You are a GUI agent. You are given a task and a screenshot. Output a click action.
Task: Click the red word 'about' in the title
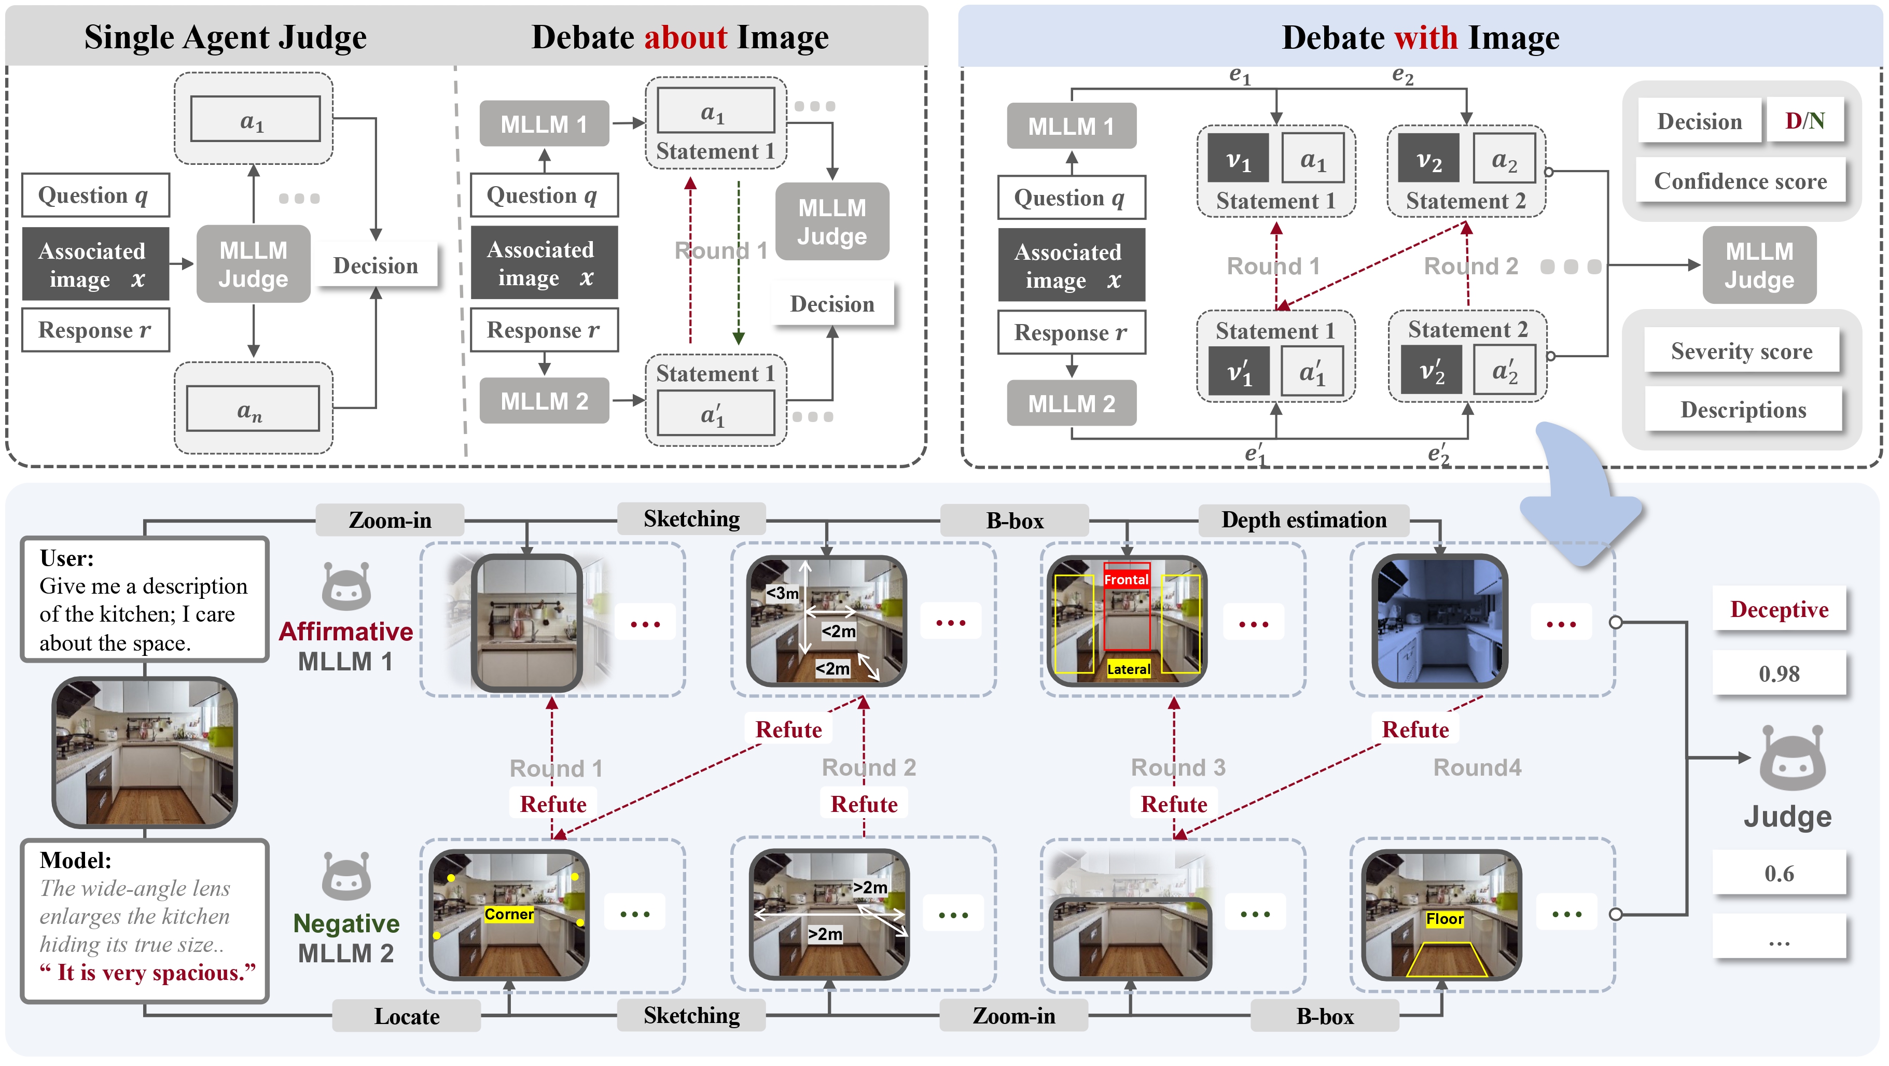coord(685,37)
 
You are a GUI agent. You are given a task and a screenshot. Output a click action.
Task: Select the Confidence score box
coord(1740,180)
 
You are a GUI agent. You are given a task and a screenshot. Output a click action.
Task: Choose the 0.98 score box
coord(1779,673)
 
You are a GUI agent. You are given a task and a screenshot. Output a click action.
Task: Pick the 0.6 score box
coord(1779,873)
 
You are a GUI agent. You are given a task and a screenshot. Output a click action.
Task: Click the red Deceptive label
coord(1779,609)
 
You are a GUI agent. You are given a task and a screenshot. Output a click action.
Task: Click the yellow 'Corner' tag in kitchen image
coord(508,914)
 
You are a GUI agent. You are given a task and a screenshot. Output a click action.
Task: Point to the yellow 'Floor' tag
coord(1444,919)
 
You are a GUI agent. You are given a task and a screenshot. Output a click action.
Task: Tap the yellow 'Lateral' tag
coord(1128,669)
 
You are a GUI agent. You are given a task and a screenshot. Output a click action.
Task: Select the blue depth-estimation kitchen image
coord(1439,621)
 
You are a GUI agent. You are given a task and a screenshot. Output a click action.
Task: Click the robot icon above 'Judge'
coord(1791,759)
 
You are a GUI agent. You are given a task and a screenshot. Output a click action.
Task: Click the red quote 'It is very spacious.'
coord(147,972)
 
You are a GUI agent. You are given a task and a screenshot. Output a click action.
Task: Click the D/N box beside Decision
coord(1804,120)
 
